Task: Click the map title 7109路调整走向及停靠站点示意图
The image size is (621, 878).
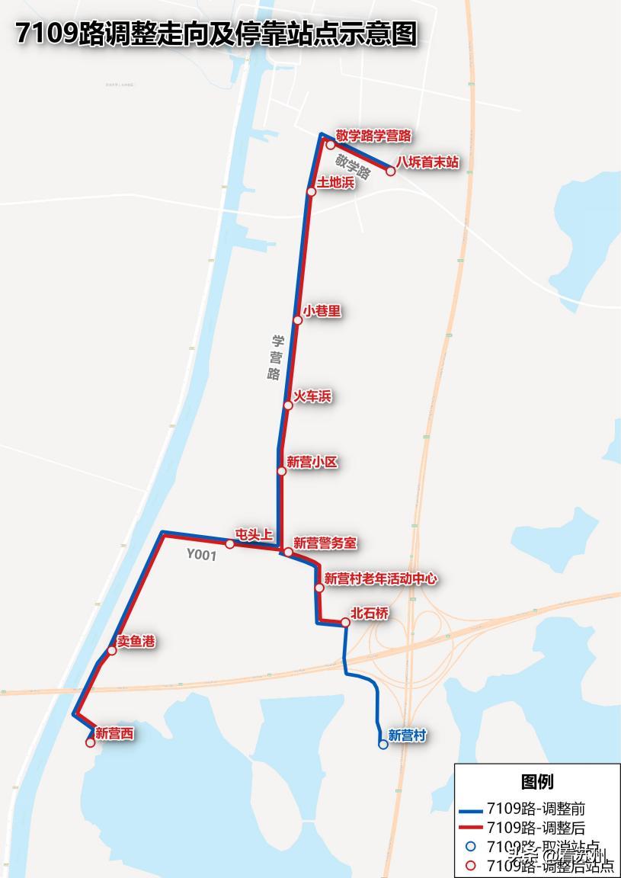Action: [x=216, y=34]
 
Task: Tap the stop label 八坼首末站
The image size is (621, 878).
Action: [x=427, y=162]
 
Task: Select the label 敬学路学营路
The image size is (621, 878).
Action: [x=373, y=136]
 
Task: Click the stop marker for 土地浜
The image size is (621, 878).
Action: [x=311, y=191]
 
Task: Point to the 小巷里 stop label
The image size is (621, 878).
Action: [x=322, y=311]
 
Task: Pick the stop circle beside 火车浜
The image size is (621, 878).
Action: [x=288, y=405]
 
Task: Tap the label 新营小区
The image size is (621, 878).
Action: [x=312, y=462]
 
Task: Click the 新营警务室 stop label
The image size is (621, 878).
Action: [x=325, y=543]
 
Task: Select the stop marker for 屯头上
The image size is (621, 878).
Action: [x=229, y=543]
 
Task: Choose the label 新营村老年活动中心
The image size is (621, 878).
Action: [x=380, y=579]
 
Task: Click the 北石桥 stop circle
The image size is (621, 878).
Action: [x=345, y=623]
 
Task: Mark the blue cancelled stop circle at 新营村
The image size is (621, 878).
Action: [x=383, y=745]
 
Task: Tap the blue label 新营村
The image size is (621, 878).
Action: [x=407, y=735]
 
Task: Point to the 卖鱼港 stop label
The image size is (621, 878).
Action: [x=136, y=642]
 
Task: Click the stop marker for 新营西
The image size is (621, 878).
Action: [x=90, y=742]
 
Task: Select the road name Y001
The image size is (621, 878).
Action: [x=201, y=556]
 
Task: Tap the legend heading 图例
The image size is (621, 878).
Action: [x=537, y=782]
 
